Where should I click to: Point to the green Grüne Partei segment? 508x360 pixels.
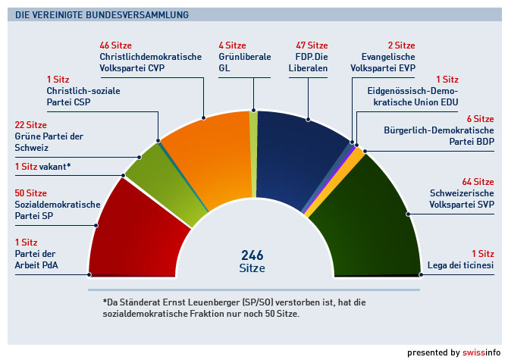tap(163, 178)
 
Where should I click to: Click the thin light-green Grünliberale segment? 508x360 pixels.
tap(253, 152)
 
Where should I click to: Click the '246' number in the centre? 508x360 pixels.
tap(252, 255)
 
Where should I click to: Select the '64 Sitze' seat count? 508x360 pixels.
tap(478, 182)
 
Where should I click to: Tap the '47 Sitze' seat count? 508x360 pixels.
tap(312, 45)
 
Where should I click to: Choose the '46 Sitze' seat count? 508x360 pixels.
tap(116, 45)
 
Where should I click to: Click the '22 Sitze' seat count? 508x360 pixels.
tap(31, 125)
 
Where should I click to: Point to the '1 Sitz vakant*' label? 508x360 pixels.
tap(42, 166)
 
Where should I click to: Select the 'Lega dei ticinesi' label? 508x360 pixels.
tap(462, 265)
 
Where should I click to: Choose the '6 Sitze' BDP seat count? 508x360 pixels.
tap(479, 119)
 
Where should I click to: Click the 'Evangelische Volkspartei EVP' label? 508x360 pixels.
tap(384, 61)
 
